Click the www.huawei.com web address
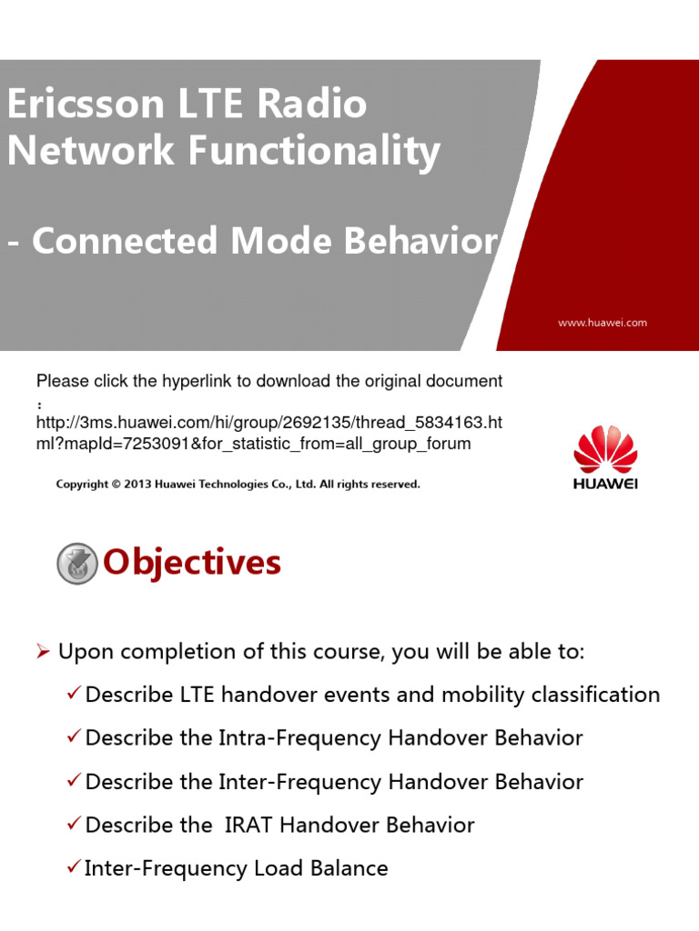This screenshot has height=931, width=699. (602, 322)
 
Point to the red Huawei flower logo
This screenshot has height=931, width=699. (605, 447)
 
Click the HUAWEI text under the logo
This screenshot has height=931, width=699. (605, 484)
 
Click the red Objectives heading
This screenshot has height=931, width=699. (192, 564)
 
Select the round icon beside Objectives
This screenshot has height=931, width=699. (77, 564)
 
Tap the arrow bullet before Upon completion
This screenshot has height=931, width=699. (43, 652)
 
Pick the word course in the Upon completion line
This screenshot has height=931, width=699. (328, 653)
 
